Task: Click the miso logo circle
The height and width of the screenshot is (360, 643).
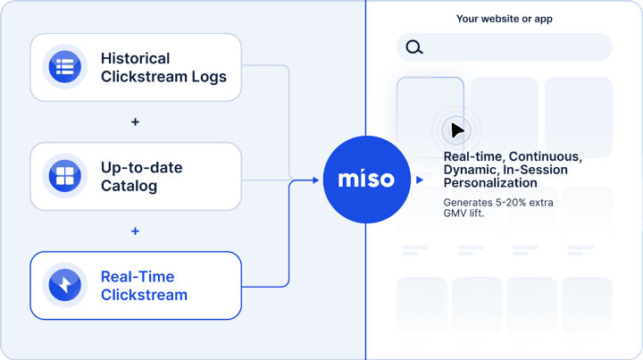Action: (x=367, y=180)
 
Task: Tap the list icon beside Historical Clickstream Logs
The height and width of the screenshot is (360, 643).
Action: (x=65, y=66)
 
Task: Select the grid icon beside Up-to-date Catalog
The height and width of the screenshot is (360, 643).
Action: (x=65, y=175)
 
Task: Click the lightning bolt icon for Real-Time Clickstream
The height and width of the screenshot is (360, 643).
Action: (x=65, y=285)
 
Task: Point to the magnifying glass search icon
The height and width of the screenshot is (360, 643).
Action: (x=414, y=47)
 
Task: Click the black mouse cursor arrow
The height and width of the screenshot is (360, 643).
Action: (x=457, y=130)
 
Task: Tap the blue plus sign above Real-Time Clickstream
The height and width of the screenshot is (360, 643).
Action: (x=135, y=231)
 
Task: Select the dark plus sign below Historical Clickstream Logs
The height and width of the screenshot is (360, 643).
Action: (x=135, y=121)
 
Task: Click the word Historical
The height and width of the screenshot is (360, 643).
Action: (x=136, y=58)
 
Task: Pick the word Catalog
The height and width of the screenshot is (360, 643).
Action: (x=129, y=186)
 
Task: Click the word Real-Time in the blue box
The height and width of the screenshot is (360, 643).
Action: (x=138, y=277)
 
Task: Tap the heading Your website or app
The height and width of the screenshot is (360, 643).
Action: (x=505, y=19)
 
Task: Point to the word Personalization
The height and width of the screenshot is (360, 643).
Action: (x=490, y=183)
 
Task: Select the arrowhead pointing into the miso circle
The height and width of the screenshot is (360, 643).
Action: (x=315, y=180)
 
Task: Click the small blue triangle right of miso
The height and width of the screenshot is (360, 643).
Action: (x=420, y=180)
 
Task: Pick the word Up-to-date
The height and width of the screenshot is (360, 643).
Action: (x=141, y=168)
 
